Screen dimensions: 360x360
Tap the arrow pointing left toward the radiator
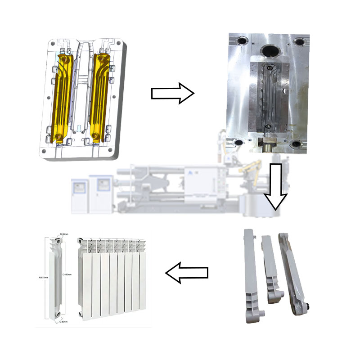pos(187,272)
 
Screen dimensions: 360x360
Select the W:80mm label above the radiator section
pos(64,234)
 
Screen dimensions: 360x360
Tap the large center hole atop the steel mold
pos(271,49)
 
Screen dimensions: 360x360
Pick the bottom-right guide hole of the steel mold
pos(297,144)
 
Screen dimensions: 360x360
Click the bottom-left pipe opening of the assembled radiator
pos(81,314)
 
